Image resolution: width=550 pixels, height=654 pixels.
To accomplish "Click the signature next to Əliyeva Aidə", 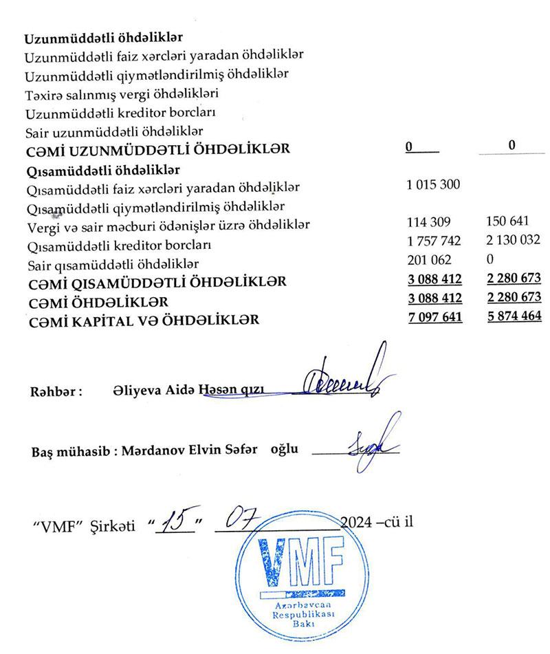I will [344, 380].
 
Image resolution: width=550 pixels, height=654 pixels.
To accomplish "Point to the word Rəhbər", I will [56, 393].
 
